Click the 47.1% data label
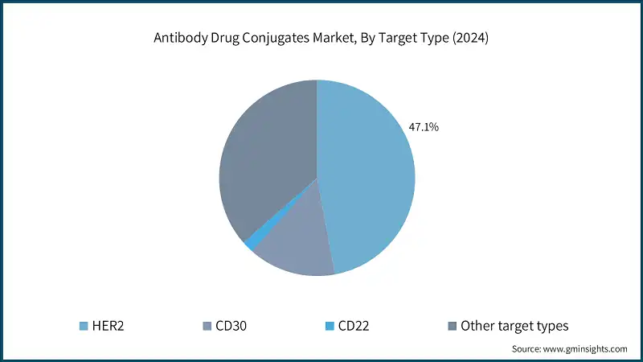(423, 127)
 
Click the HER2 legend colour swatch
(84, 326)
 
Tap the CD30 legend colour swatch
(207, 326)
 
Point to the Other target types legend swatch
(452, 326)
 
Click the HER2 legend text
(108, 326)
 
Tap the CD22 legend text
(354, 326)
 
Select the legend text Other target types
(514, 326)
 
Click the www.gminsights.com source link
(584, 349)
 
